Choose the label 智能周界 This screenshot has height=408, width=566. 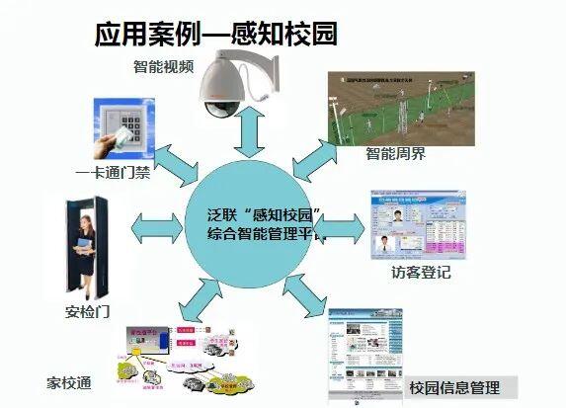[396, 154]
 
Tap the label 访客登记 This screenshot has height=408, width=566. [420, 272]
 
